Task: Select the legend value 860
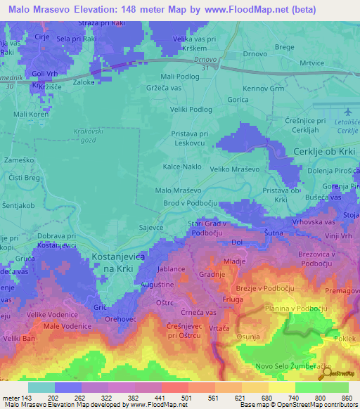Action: [345, 398]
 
